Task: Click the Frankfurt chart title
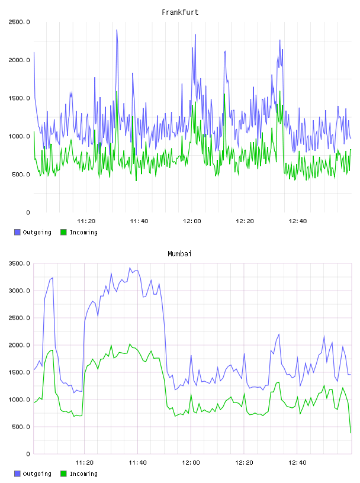coord(180,12)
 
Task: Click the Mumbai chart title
coord(179,253)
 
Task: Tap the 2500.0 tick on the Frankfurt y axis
coord(19,22)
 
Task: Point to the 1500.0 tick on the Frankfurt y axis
coord(19,98)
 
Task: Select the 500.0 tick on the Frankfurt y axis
coord(21,175)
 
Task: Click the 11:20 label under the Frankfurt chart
coord(86,221)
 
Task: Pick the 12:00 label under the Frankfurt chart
coord(192,221)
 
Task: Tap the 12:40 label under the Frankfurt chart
coord(298,221)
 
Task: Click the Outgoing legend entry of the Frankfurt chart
coord(33,232)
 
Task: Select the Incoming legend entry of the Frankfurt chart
coord(79,232)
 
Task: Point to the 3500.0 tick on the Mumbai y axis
coord(19,263)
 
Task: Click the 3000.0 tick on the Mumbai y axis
coord(19,291)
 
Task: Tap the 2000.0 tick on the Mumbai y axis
coord(19,345)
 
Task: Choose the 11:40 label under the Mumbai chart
coord(137,462)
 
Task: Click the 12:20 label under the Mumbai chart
coord(244,462)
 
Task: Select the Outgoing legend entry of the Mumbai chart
coord(33,474)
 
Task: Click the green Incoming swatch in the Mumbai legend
coord(63,474)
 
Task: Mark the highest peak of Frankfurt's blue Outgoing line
coord(117,30)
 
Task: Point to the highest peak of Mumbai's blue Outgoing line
coord(130,268)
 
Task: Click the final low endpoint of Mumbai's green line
coord(351,433)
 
